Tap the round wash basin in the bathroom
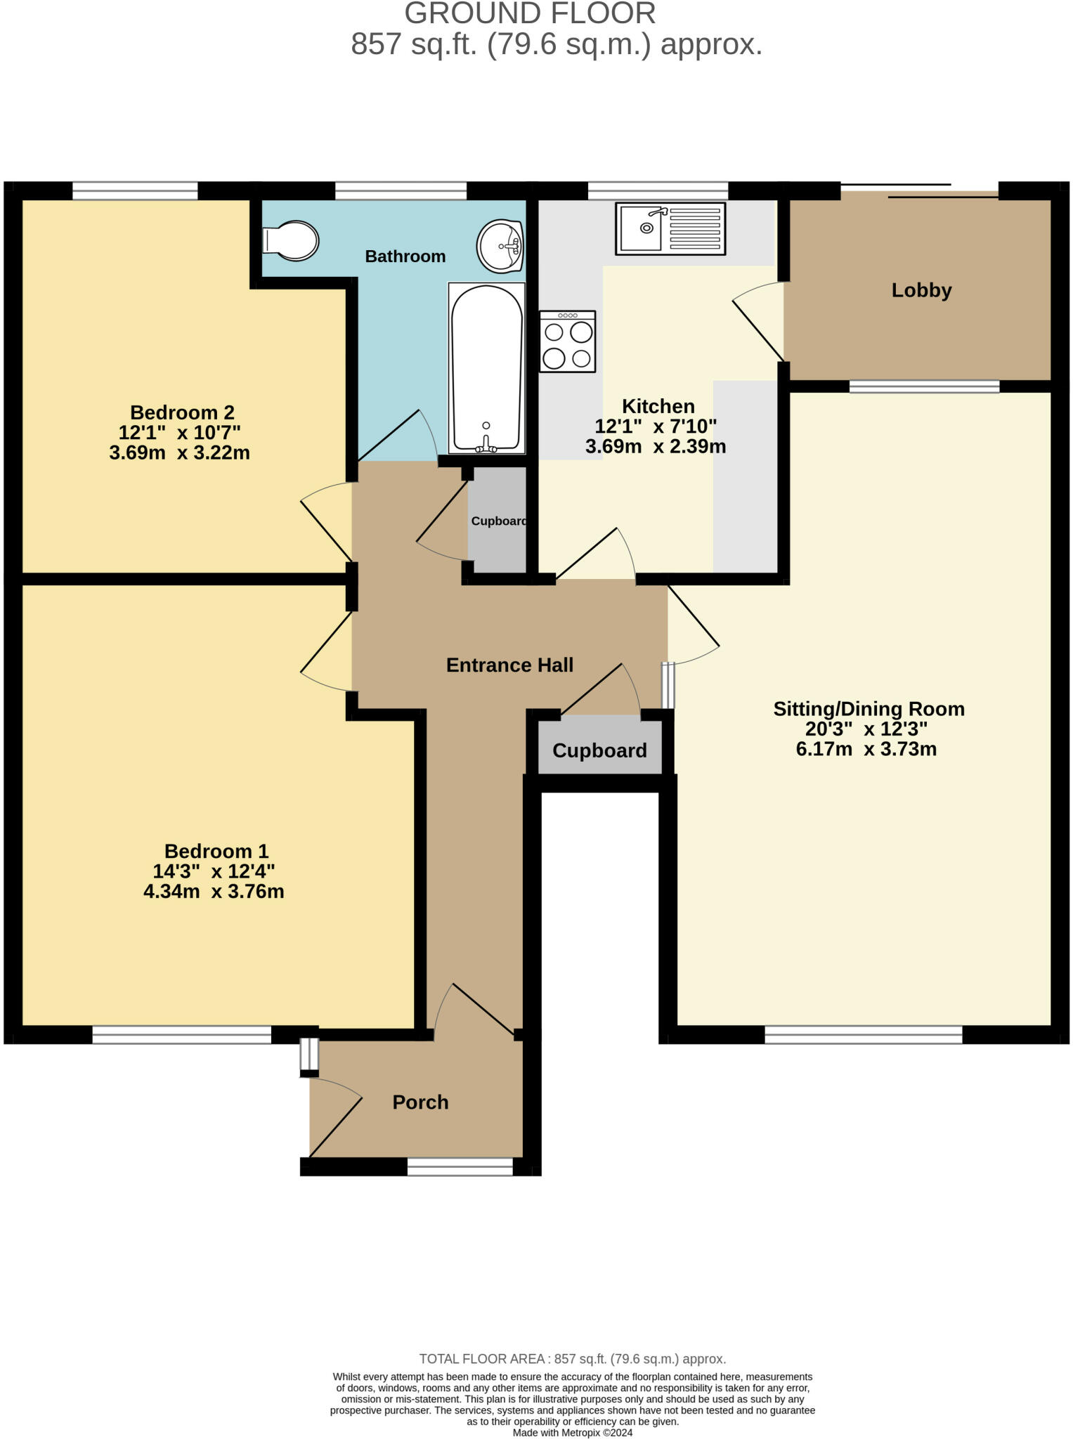tap(500, 246)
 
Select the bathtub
tap(486, 367)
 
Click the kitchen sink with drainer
tap(670, 228)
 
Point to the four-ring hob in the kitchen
tap(568, 341)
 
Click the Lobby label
tap(921, 290)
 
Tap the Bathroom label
tap(405, 256)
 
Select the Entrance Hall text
tap(509, 665)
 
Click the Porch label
tap(420, 1102)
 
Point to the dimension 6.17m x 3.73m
tap(866, 749)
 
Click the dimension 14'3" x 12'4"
tap(214, 871)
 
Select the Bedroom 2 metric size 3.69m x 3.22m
tap(180, 452)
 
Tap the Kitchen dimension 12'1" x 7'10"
tap(656, 426)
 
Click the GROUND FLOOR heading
tap(530, 14)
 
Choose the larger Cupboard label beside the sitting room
tap(599, 750)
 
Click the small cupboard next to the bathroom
tap(498, 521)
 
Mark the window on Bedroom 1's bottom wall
tap(181, 1034)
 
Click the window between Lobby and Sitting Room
tap(924, 386)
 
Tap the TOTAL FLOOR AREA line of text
tap(572, 1359)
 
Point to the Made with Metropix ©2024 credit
tap(572, 1433)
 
